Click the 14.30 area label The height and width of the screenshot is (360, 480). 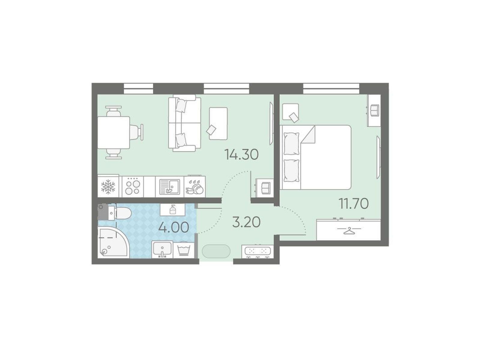coord(241,155)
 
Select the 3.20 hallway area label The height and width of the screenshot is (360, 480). coord(246,222)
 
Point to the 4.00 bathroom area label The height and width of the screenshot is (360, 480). coord(174,227)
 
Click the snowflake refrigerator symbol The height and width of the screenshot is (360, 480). coord(108,187)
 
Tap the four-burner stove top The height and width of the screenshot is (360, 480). coord(132,187)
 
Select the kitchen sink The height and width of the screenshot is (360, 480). coord(170,187)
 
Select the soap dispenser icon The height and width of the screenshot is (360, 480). coord(173,209)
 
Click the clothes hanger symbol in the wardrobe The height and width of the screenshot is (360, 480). coord(349,230)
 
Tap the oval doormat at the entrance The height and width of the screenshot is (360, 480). coord(216,251)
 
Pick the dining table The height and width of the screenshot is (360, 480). coord(113,133)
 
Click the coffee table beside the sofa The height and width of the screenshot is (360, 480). coord(218,123)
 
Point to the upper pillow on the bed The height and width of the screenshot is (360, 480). coord(291,143)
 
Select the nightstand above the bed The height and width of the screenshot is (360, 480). coord(290,112)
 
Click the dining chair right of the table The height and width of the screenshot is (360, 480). coord(137,132)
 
